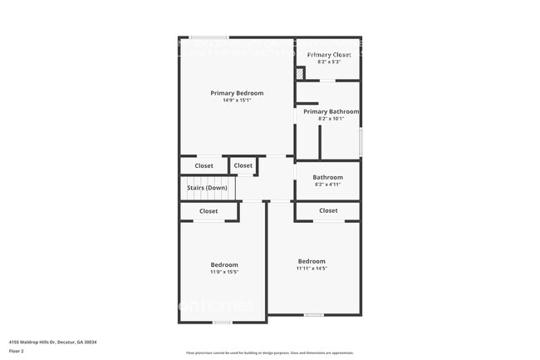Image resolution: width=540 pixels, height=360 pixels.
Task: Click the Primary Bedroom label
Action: tap(237, 93)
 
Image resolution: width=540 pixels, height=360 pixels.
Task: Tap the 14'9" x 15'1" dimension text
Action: tap(237, 101)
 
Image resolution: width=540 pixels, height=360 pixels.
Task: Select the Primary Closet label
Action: tap(329, 55)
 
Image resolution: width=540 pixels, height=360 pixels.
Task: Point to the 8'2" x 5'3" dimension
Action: tap(329, 62)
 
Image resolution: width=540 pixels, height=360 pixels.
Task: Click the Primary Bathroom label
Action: tap(331, 111)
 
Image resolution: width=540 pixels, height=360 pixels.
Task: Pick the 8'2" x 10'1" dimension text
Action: tap(331, 118)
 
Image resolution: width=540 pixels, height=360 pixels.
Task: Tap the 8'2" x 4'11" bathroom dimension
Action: tap(328, 184)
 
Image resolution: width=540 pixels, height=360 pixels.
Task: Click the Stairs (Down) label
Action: tap(208, 188)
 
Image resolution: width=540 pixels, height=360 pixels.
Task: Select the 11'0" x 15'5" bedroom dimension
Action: tap(223, 272)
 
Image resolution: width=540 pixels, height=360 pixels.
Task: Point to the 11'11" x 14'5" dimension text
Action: tap(312, 268)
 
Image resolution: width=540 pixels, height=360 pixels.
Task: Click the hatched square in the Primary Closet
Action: tap(300, 74)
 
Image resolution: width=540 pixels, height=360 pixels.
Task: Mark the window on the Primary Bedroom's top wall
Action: tap(209, 37)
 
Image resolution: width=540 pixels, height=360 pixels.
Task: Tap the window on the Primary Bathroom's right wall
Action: tap(361, 140)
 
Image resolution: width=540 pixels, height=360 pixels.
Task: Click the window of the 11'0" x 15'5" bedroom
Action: tap(223, 322)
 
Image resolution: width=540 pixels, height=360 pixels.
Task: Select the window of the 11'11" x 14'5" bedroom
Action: tap(313, 314)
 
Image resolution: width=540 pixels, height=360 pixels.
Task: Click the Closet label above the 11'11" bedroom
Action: tap(328, 211)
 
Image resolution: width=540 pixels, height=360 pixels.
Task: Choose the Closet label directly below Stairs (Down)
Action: tap(209, 211)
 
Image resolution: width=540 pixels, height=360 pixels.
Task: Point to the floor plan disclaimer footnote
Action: tap(269, 353)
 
